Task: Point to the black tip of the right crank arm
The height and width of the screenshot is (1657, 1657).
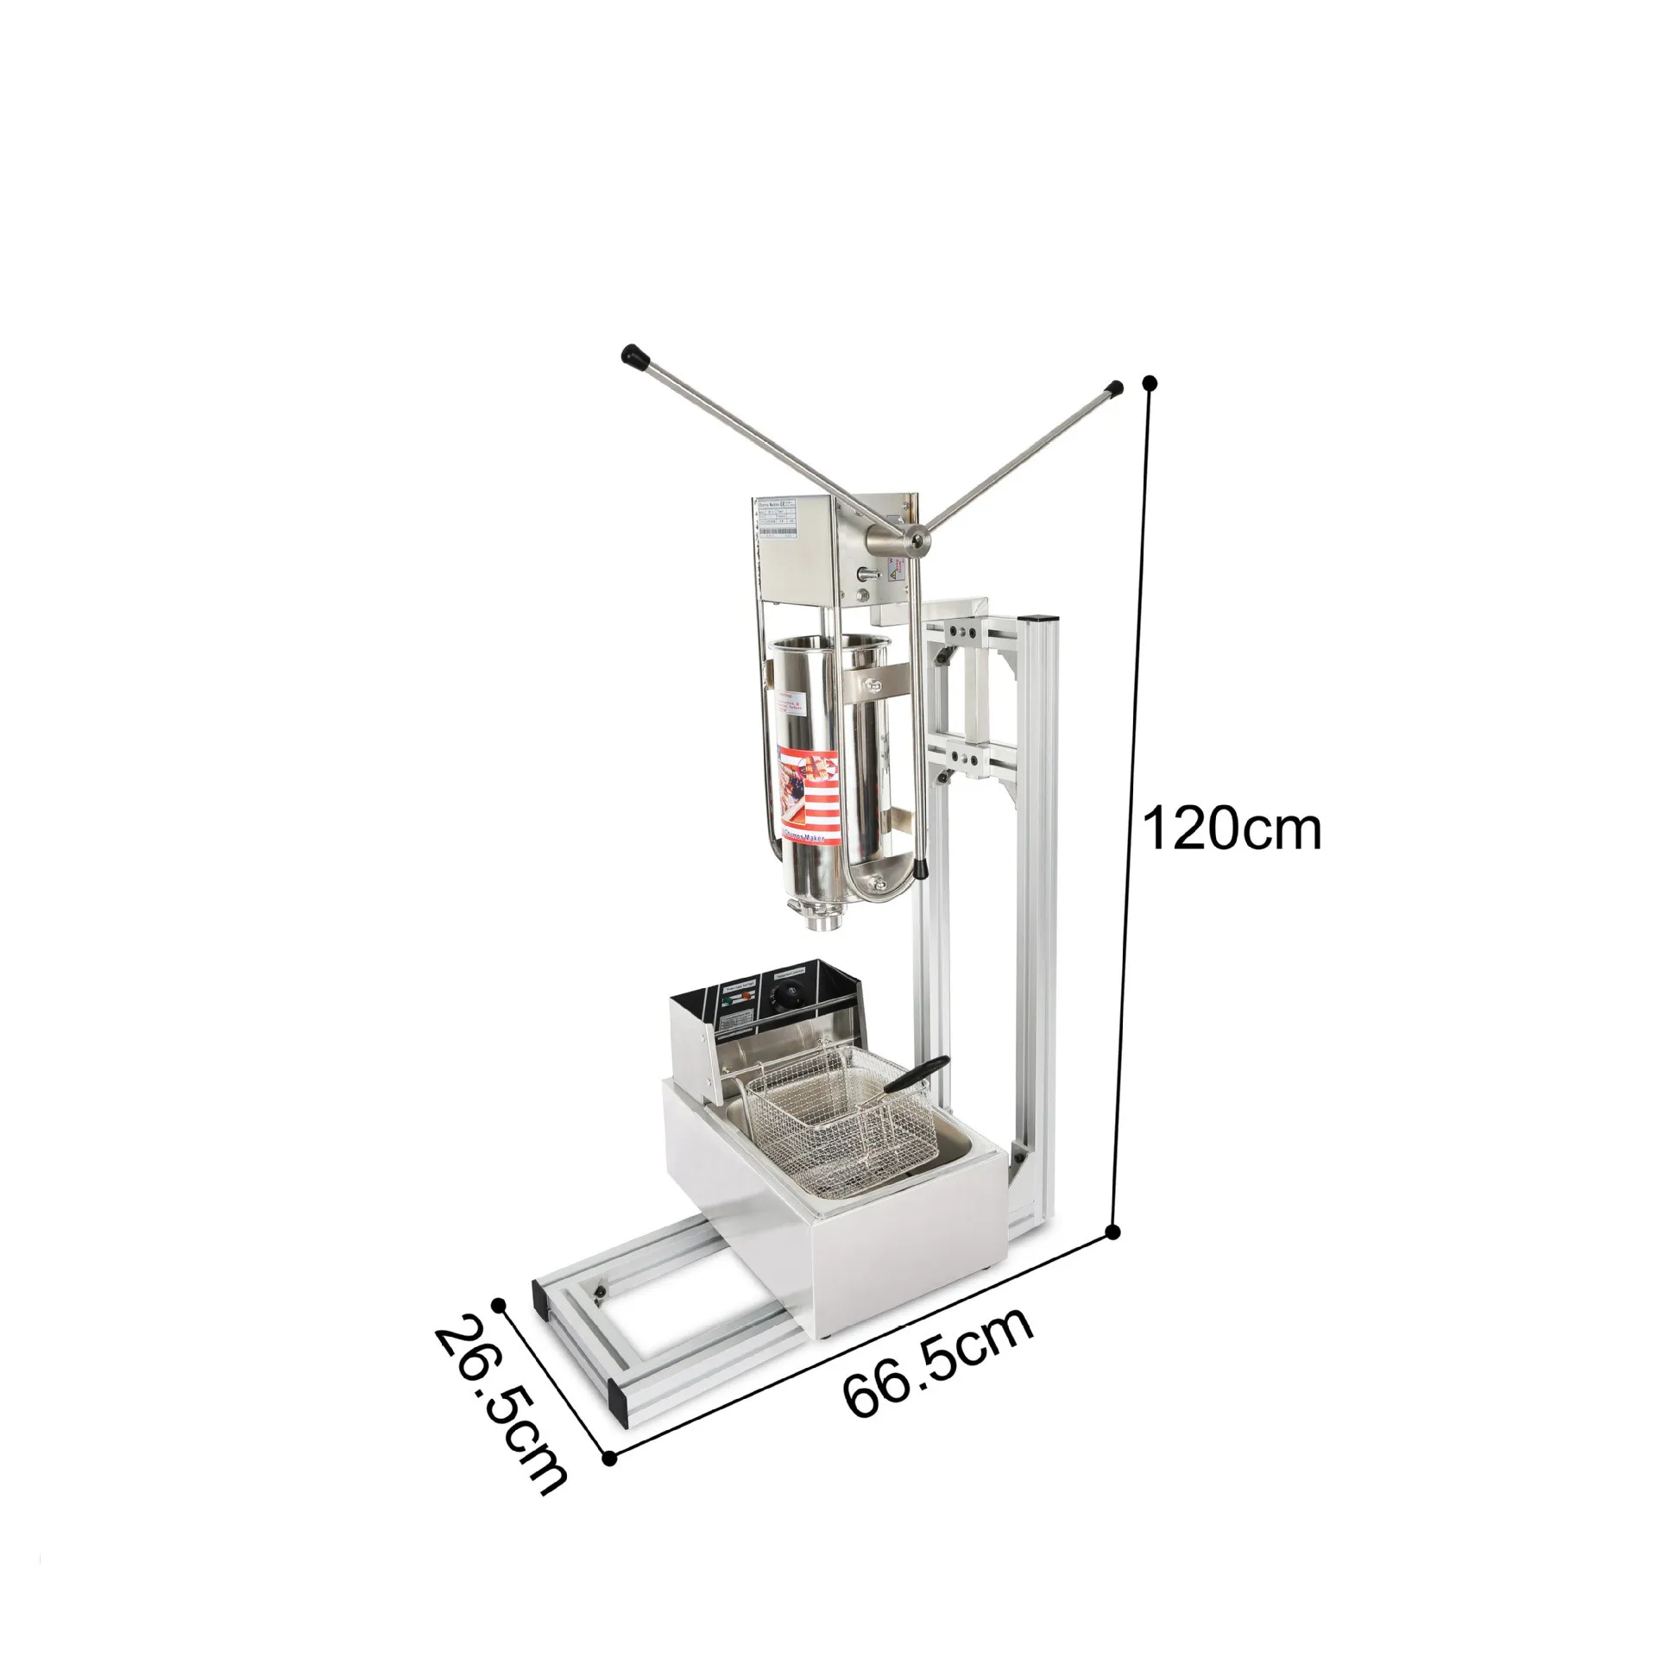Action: [x=1114, y=388]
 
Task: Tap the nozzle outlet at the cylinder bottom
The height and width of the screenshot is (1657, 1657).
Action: [x=821, y=926]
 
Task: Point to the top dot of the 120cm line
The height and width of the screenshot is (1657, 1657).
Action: [x=1149, y=381]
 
